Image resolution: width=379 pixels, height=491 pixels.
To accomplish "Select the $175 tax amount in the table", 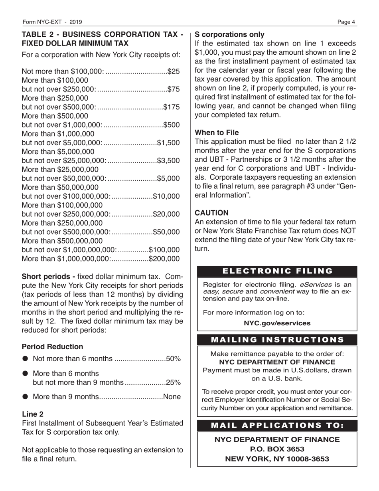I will [172, 107].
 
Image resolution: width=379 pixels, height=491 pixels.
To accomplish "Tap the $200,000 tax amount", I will [164, 258].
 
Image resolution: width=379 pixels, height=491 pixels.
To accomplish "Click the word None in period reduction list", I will [172, 397].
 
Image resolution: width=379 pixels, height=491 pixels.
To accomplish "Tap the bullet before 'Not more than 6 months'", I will [26, 359].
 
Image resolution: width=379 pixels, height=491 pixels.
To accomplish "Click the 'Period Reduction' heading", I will [52, 347].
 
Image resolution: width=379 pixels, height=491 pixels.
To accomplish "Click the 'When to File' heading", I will [216, 133].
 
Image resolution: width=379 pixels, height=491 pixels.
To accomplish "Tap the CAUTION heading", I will [211, 213].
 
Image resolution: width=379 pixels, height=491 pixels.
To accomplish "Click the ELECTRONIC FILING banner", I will [277, 271].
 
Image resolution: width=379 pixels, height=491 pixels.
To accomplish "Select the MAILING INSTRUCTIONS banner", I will [277, 340].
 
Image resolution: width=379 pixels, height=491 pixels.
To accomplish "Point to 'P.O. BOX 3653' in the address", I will [277, 449].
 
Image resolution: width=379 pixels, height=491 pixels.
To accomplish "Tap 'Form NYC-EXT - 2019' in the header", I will [53, 22].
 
